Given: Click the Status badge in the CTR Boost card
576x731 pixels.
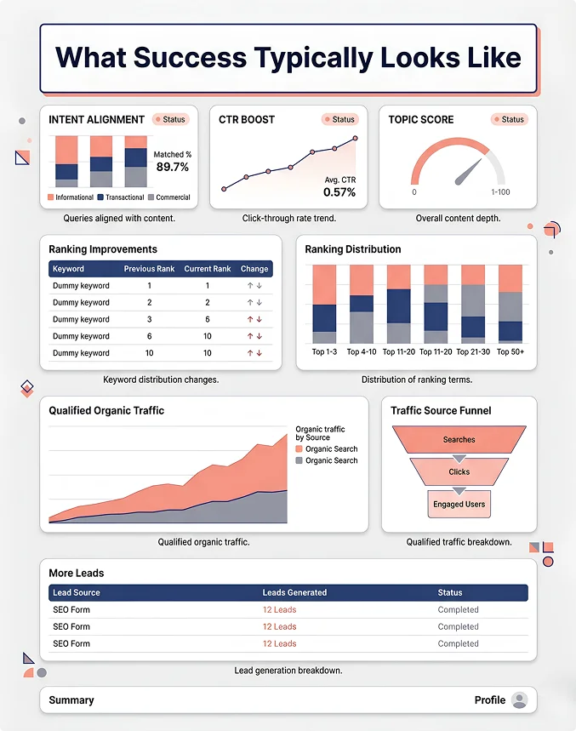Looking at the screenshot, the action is point(340,119).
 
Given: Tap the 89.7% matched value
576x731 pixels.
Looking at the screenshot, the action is point(173,167).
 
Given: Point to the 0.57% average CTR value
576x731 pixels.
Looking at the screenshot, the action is point(339,192).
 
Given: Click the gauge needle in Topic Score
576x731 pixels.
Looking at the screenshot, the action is point(468,172).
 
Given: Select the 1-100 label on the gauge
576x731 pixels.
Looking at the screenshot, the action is point(500,192).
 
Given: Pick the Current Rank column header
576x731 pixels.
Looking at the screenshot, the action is point(208,269).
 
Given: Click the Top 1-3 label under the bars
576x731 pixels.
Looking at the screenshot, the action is point(324,351).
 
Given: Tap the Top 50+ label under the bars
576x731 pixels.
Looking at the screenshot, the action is point(510,351).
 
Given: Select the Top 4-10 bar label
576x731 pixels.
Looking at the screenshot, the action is point(362,351).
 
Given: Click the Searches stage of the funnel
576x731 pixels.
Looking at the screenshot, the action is point(459,439).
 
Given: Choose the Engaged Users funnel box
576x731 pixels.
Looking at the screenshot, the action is point(459,504).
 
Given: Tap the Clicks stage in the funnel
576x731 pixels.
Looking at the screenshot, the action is point(459,471).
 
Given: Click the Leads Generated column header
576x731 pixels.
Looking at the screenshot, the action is point(294,592).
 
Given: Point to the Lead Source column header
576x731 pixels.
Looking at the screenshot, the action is point(77,592).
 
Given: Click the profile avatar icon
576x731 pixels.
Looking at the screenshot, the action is point(519,700).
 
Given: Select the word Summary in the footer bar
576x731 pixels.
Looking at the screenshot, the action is point(71,700).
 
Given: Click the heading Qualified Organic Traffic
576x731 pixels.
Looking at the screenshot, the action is point(106,410).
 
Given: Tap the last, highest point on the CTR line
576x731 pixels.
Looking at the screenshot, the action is point(356,138).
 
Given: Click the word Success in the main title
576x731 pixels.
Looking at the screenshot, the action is point(190,57).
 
